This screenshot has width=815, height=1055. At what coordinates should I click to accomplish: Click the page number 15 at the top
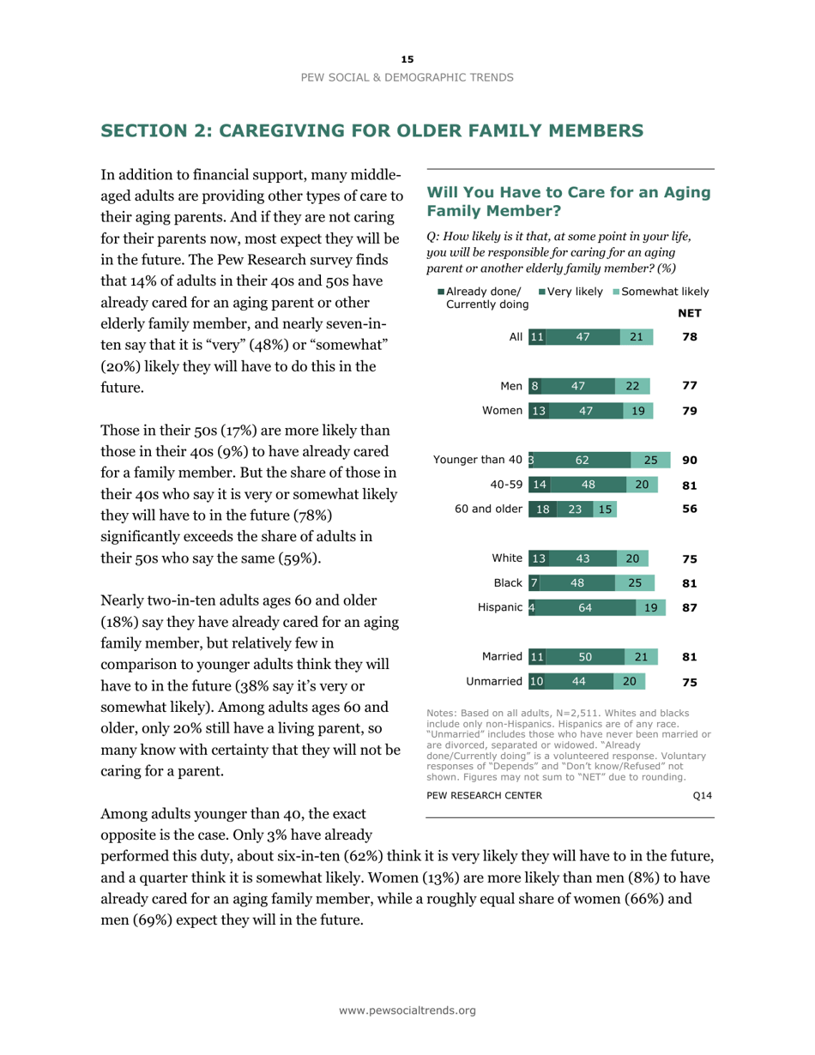407,58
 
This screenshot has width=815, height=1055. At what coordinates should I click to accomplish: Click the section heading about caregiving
371,131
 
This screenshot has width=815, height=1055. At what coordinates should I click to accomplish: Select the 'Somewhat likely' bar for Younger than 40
649,460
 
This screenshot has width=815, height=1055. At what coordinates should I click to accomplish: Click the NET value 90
689,460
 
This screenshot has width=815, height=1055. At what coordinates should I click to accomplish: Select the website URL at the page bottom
407,1010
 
